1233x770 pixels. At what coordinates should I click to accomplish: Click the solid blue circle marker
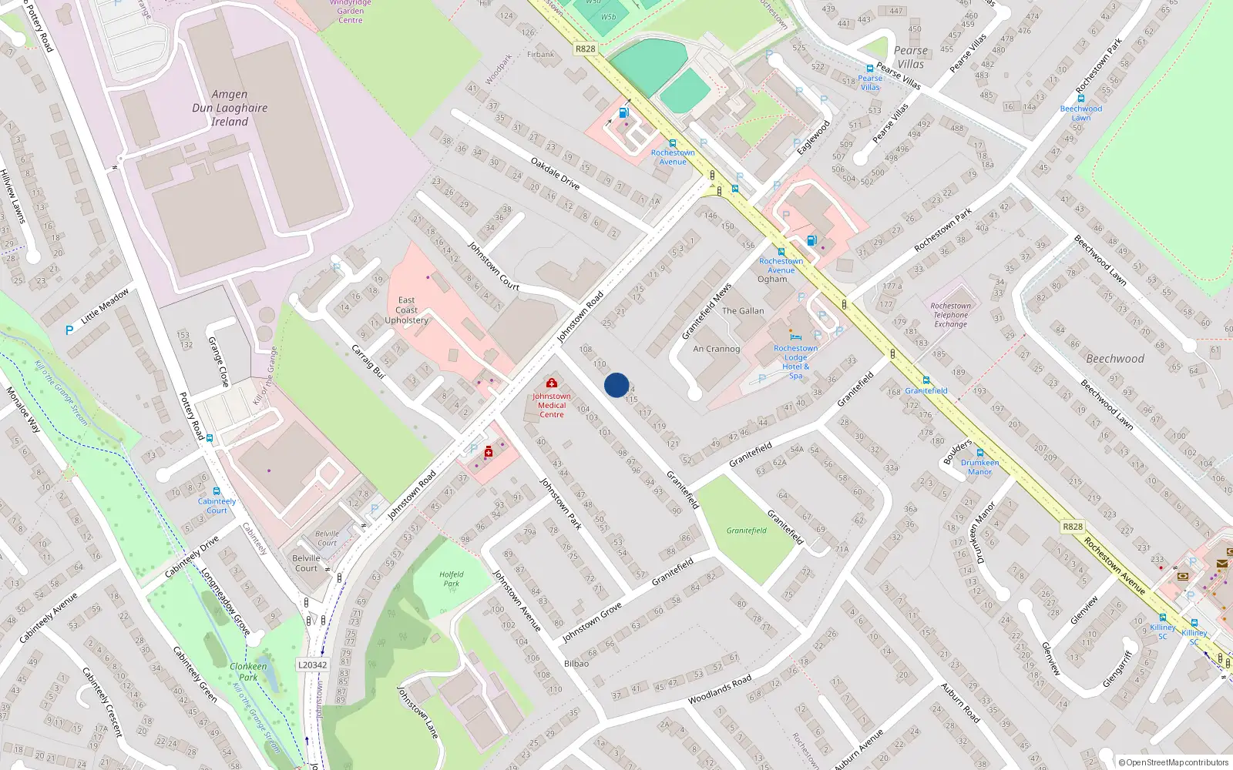(x=616, y=385)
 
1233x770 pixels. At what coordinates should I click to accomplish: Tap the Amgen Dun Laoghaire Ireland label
(x=230, y=108)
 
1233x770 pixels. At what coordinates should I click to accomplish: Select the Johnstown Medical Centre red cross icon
(x=552, y=383)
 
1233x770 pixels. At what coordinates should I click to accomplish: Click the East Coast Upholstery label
(x=406, y=310)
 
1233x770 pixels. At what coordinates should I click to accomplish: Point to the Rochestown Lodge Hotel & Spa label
(x=796, y=362)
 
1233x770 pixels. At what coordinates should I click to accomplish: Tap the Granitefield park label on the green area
(x=746, y=531)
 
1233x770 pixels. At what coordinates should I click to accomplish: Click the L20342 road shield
(x=312, y=665)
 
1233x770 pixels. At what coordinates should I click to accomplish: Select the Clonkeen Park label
(x=248, y=671)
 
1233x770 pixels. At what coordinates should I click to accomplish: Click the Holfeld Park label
(x=452, y=578)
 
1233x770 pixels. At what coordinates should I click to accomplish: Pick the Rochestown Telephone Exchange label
(x=950, y=315)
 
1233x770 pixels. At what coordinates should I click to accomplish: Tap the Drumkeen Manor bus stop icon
(x=980, y=453)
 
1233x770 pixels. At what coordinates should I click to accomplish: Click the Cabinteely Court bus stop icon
(x=217, y=491)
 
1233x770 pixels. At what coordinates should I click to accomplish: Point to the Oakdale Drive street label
(x=555, y=173)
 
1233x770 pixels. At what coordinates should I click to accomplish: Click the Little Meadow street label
(x=105, y=306)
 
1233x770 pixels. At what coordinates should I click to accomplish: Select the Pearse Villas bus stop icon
(x=870, y=69)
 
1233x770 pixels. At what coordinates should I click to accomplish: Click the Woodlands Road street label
(x=719, y=689)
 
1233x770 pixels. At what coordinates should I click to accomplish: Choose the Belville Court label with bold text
(x=306, y=563)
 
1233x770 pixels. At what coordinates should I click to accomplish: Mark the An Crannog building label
(x=716, y=349)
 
